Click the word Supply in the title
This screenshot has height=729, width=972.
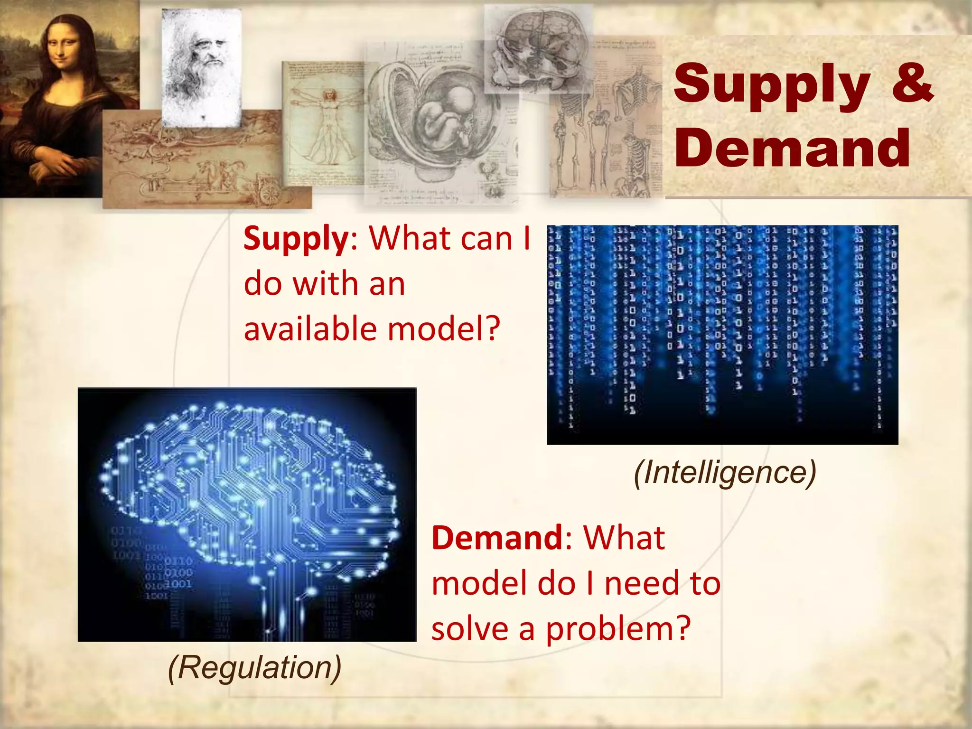(771, 85)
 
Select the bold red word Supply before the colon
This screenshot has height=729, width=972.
(296, 239)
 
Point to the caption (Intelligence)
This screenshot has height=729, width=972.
(725, 472)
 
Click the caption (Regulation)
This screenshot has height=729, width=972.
(255, 667)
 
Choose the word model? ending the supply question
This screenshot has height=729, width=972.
(444, 328)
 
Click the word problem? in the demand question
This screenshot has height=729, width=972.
(618, 629)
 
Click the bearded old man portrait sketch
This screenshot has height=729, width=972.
(201, 62)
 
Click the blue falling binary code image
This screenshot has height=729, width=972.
(722, 335)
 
